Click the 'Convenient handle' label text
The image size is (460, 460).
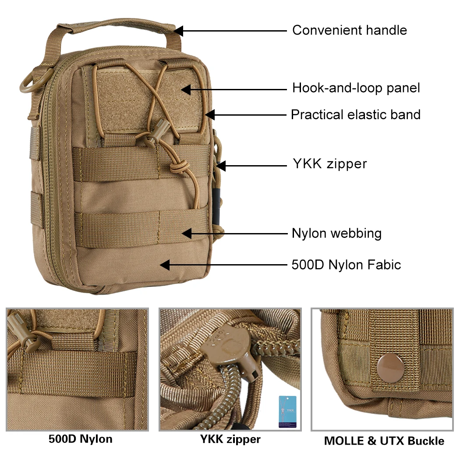[x=349, y=30]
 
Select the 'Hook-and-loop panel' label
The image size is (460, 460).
[x=356, y=88]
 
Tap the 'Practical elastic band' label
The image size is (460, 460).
[x=355, y=115]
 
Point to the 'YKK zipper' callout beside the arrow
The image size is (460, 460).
[x=329, y=164]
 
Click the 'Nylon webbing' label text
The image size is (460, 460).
[x=336, y=233]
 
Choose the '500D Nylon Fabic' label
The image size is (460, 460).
[x=346, y=265]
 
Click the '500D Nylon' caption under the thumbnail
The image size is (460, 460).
[x=80, y=439]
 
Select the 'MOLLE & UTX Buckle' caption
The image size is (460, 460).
[x=384, y=441]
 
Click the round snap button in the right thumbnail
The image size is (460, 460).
[x=388, y=364]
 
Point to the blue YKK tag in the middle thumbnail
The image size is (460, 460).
[x=287, y=411]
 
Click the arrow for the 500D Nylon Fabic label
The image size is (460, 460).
[x=223, y=265]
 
